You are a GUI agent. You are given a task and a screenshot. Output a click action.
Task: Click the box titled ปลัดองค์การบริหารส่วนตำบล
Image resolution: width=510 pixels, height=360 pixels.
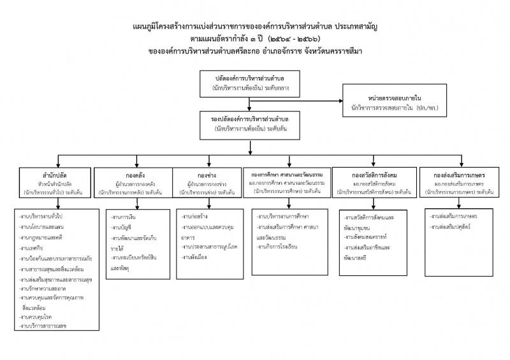(x=251, y=80)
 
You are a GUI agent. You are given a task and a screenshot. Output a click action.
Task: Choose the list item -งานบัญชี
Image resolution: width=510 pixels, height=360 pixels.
(x=121, y=227)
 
